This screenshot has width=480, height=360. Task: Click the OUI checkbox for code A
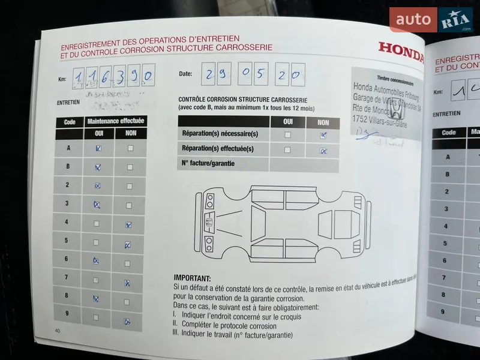(98, 148)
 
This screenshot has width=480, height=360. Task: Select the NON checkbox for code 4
(128, 225)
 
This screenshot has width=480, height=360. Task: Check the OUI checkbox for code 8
(96, 298)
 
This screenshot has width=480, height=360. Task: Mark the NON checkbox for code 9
(127, 321)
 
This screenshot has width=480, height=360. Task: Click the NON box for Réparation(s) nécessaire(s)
(323, 135)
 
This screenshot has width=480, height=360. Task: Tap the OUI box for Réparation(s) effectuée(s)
(287, 149)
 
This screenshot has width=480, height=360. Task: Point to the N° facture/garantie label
(208, 163)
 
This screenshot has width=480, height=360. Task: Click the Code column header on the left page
(70, 121)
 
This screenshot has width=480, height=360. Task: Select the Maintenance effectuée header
(116, 121)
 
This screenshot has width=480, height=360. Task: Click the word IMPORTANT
(192, 278)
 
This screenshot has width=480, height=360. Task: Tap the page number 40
(58, 331)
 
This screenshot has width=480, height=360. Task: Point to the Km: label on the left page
(62, 79)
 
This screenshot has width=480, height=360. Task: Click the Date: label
(185, 74)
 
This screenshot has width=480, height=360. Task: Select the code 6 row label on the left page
(67, 259)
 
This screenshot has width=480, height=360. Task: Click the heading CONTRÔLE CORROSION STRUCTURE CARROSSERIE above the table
(243, 100)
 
